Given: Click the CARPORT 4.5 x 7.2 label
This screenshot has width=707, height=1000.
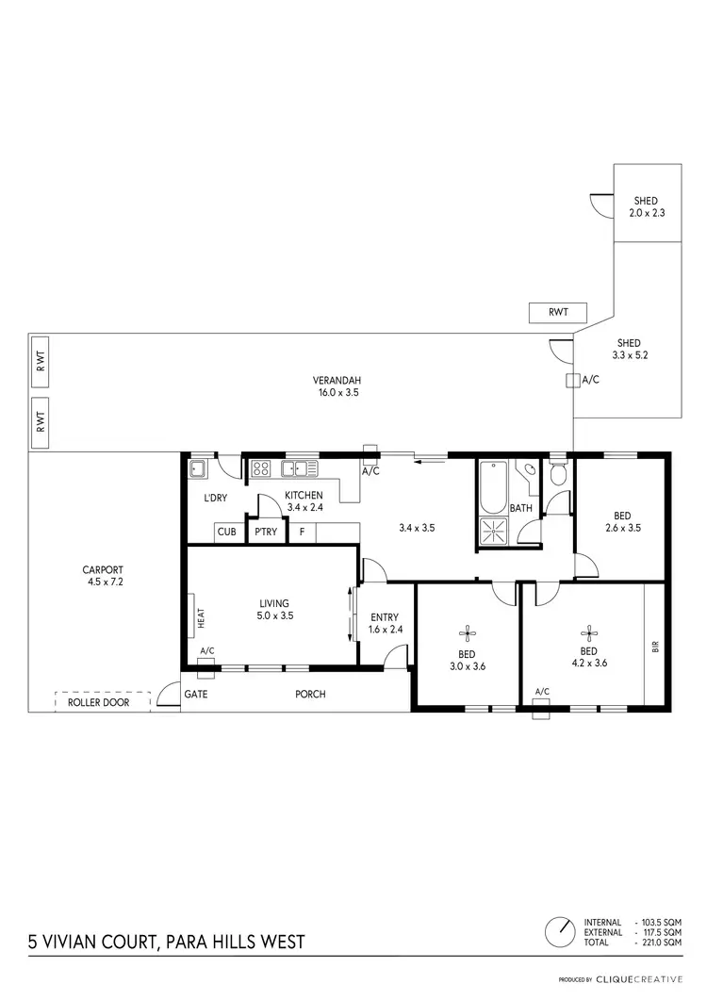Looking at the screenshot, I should pyautogui.click(x=103, y=576).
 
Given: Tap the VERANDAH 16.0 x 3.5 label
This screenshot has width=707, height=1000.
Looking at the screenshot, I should pyautogui.click(x=336, y=386).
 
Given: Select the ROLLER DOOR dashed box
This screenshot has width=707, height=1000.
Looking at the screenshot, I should pyautogui.click(x=103, y=702).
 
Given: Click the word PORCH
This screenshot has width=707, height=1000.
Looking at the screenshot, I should pyautogui.click(x=310, y=695).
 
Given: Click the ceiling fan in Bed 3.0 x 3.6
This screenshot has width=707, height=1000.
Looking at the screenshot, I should pyautogui.click(x=467, y=633).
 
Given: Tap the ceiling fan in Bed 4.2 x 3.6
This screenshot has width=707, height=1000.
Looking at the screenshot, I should pyautogui.click(x=589, y=631).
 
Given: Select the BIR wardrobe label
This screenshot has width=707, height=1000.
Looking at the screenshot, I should pyautogui.click(x=655, y=647).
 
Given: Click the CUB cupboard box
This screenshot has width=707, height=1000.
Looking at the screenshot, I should pyautogui.click(x=227, y=533).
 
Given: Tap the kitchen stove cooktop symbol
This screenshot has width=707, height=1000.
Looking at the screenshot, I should pyautogui.click(x=261, y=467).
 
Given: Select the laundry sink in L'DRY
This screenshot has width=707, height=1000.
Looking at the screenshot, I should pyautogui.click(x=199, y=468).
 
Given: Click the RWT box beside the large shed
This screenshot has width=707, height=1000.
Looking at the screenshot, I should pyautogui.click(x=559, y=312).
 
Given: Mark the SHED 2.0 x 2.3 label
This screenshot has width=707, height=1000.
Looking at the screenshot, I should pyautogui.click(x=646, y=206).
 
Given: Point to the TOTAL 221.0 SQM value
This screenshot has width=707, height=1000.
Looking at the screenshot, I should pyautogui.click(x=659, y=943).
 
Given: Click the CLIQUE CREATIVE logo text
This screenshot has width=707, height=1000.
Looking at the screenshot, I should pyautogui.click(x=644, y=980).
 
